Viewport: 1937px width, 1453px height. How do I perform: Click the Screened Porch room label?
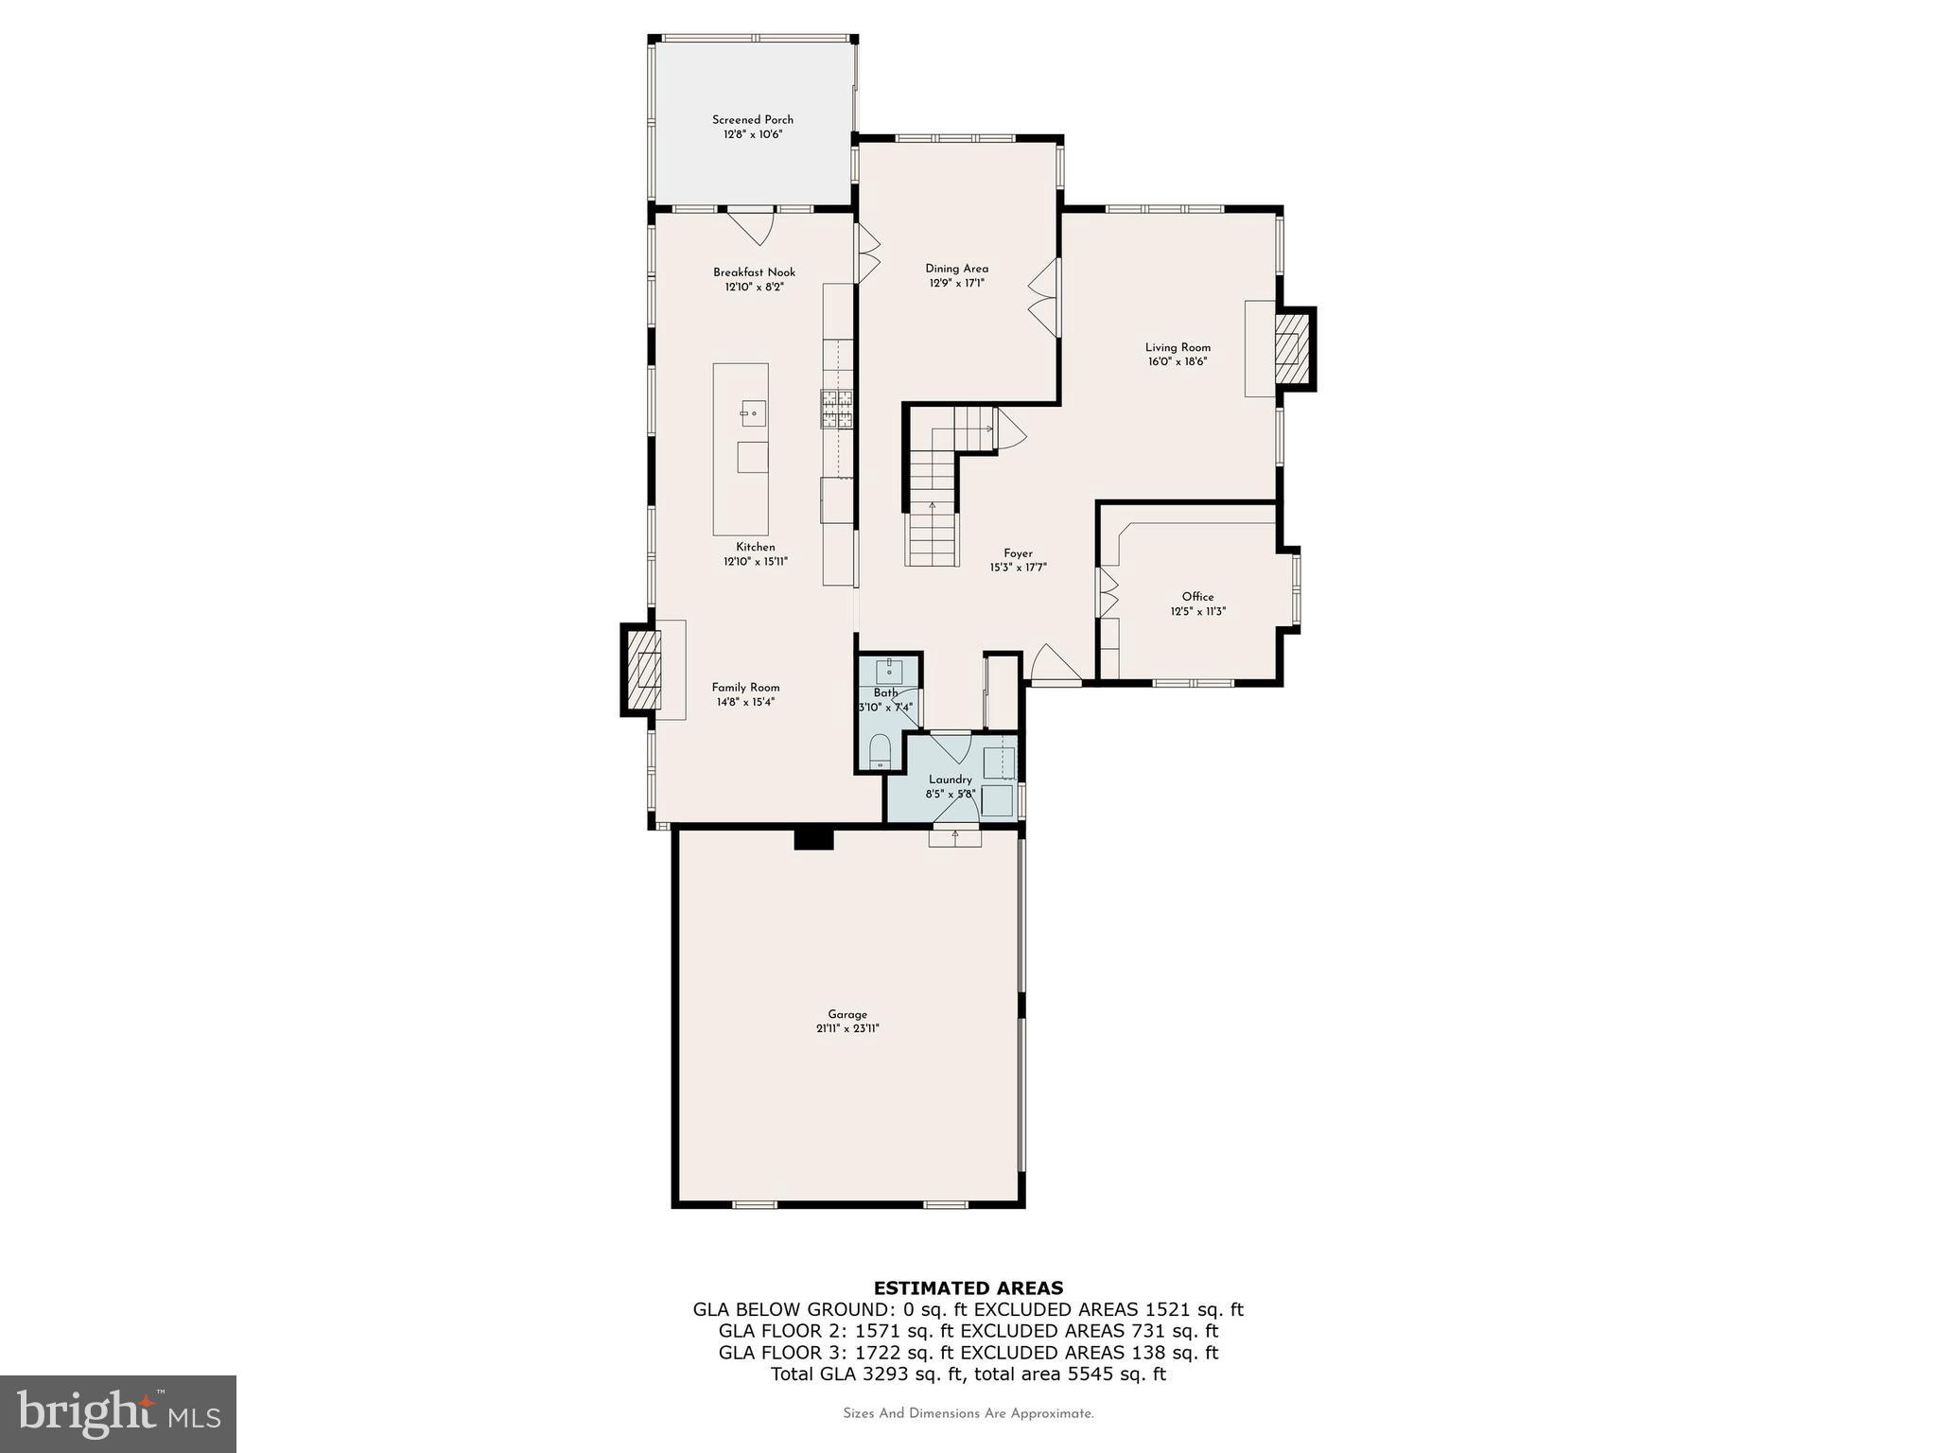pyautogui.click(x=752, y=119)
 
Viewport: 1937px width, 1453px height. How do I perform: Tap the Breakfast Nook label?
pyautogui.click(x=754, y=272)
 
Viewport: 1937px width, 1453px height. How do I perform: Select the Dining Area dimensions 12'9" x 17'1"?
pyautogui.click(x=956, y=283)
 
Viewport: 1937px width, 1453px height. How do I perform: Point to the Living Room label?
pyautogui.click(x=1178, y=347)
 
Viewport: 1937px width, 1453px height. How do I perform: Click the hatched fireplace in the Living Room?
pyautogui.click(x=1288, y=348)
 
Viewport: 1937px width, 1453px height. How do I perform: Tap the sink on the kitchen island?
pyautogui.click(x=753, y=413)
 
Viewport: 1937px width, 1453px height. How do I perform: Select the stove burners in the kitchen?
pyautogui.click(x=836, y=411)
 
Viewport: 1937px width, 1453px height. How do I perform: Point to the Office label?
pyautogui.click(x=1197, y=597)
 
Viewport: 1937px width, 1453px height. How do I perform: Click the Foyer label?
pyautogui.click(x=1018, y=553)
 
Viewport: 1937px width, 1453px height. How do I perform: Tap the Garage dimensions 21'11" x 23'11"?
pyautogui.click(x=847, y=1028)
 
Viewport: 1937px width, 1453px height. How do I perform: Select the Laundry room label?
pyautogui.click(x=950, y=779)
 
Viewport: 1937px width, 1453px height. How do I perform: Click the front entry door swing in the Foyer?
pyautogui.click(x=1052, y=662)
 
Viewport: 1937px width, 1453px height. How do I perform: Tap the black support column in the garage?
pyautogui.click(x=812, y=838)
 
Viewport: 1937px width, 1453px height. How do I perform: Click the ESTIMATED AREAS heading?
pyautogui.click(x=968, y=1287)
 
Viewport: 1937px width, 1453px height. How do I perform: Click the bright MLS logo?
pyautogui.click(x=118, y=1413)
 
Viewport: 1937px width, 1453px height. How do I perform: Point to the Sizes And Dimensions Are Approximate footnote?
pyautogui.click(x=968, y=1413)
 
